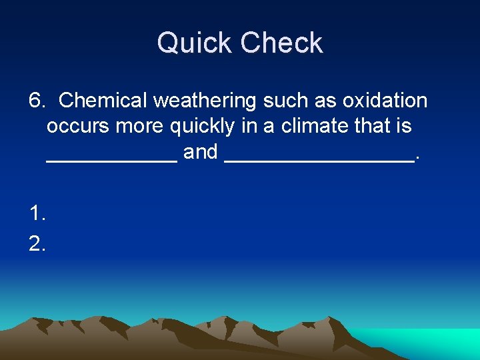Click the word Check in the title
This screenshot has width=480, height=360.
282,44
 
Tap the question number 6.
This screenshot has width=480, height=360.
36,101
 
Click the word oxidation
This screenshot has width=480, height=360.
385,101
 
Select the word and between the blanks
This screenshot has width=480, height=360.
201,152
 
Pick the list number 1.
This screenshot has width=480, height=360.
37,213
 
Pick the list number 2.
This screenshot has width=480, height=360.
37,245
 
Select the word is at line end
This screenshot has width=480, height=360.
405,127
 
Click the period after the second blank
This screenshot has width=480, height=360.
417,158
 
